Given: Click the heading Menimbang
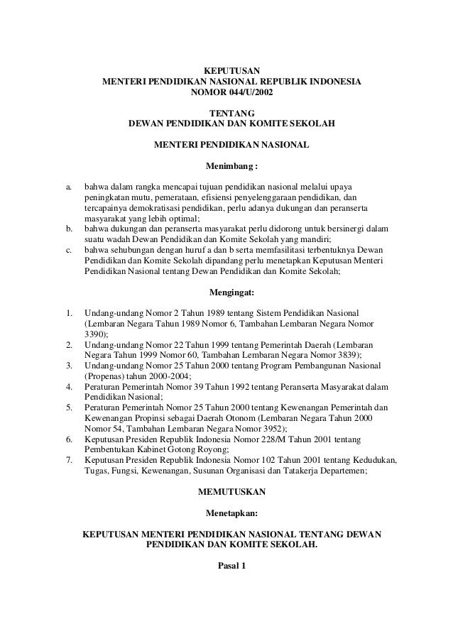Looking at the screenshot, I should [x=229, y=168].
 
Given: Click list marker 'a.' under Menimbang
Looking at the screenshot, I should [x=69, y=187].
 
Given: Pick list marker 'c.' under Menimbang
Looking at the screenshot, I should [x=69, y=251].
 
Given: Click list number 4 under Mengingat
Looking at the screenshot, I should [x=69, y=387].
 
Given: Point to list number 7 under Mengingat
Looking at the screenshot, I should [x=69, y=460].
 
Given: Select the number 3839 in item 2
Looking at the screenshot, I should [x=344, y=354].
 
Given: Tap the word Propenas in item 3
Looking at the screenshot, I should [x=104, y=376].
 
